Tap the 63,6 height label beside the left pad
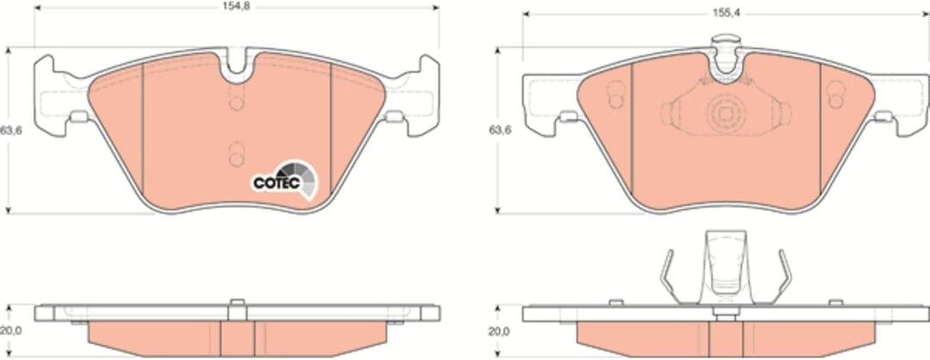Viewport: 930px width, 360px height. [x=10, y=130]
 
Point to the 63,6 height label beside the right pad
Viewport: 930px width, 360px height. [x=499, y=130]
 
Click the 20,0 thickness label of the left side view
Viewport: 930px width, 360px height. [x=10, y=332]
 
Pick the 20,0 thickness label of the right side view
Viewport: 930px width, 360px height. [x=499, y=332]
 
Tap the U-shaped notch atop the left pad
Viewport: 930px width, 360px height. [x=237, y=66]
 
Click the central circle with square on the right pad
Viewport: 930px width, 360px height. [x=724, y=114]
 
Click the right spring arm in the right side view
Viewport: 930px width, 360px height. [x=783, y=277]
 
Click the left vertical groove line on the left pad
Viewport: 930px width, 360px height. [x=143, y=128]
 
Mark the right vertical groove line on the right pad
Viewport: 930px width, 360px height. [x=821, y=128]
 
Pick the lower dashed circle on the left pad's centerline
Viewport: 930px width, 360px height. [x=237, y=154]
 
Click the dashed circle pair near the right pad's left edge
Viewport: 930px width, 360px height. [x=616, y=95]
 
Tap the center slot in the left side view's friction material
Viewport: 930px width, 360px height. [x=238, y=338]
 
